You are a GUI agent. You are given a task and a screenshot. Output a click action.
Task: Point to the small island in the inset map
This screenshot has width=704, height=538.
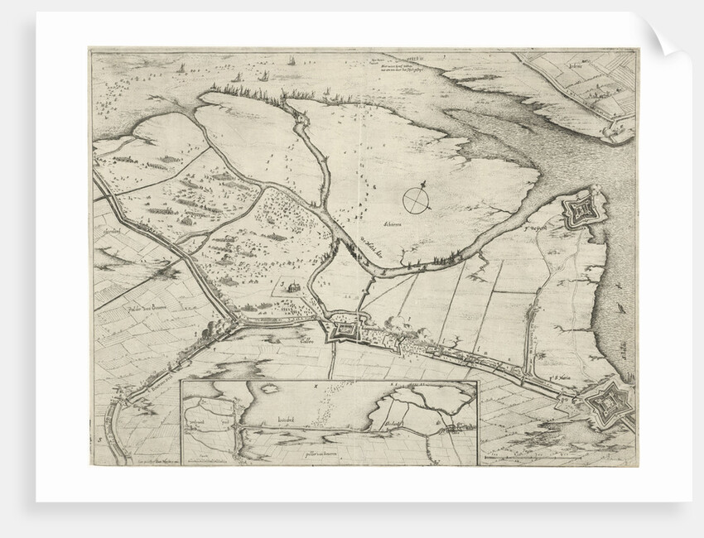click(x=268, y=389)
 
